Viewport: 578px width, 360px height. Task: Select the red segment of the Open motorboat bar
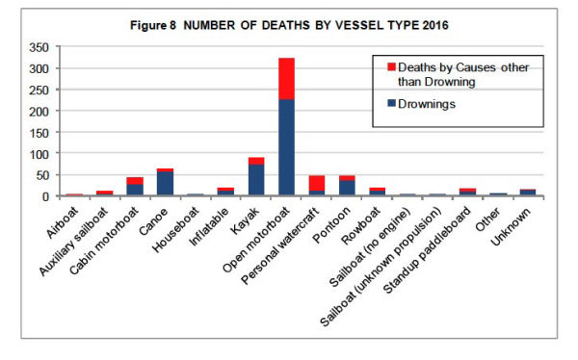pos(287,77)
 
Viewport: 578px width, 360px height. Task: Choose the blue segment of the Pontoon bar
pos(347,188)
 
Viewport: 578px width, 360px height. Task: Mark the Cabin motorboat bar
pos(135,187)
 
